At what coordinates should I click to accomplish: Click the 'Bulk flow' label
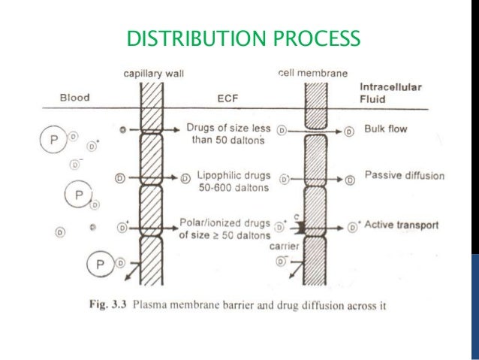386,129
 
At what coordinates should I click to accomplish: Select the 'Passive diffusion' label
404,176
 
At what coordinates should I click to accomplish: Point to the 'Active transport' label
402,225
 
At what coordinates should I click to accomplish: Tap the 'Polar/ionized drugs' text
221,223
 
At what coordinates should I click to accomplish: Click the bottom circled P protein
99,263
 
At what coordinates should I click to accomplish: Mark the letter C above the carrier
297,216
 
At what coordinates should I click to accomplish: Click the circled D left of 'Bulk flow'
348,130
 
